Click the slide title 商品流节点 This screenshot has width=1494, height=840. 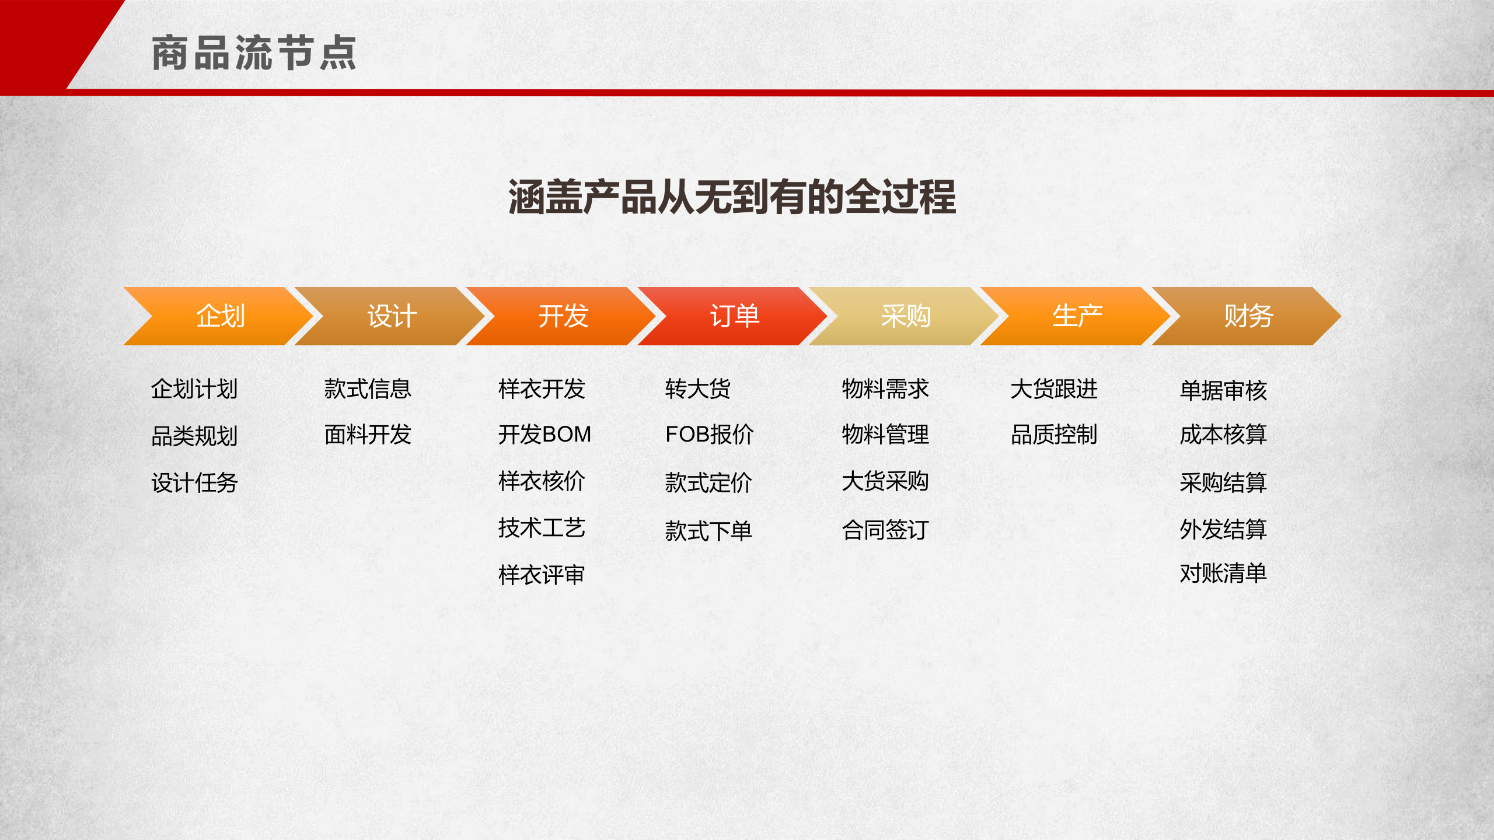click(254, 53)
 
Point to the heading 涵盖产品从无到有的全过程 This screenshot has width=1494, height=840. click(732, 197)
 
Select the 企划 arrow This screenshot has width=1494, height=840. click(220, 316)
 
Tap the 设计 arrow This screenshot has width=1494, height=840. click(392, 316)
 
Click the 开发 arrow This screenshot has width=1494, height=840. click(563, 316)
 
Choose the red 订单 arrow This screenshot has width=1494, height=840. click(734, 316)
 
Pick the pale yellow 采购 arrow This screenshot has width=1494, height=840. click(905, 316)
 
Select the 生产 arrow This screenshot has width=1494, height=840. click(1077, 316)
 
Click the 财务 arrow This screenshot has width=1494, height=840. click(1248, 316)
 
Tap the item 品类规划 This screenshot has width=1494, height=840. click(194, 436)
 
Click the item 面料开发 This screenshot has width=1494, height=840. click(368, 435)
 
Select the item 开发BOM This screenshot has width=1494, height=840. click(544, 435)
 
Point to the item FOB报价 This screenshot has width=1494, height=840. click(709, 435)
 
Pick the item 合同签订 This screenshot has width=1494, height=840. click(885, 530)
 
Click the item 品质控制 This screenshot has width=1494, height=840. click(1054, 435)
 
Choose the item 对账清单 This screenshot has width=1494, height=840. click(1223, 573)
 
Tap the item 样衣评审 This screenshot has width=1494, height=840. click(542, 575)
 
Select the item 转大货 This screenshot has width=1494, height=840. click(698, 389)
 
